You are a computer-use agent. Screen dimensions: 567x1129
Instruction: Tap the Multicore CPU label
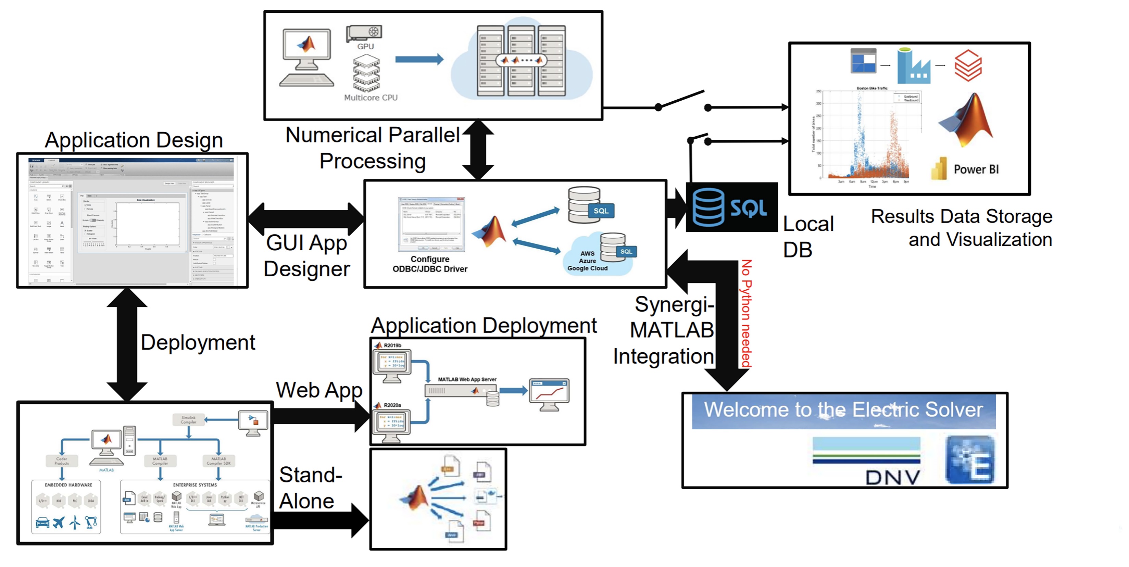click(x=371, y=98)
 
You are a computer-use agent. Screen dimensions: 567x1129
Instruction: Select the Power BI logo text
click(x=976, y=169)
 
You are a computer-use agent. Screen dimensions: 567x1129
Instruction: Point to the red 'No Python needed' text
click(x=746, y=313)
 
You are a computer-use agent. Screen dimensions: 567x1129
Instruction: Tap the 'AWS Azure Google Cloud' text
click(x=587, y=261)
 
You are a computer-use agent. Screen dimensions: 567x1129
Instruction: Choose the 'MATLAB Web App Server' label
click(x=467, y=379)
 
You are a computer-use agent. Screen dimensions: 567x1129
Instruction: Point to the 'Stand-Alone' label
click(x=310, y=488)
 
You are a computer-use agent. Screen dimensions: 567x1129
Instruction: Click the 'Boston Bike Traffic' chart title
click(x=872, y=88)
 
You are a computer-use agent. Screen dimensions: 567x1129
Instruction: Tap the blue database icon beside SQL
click(x=708, y=207)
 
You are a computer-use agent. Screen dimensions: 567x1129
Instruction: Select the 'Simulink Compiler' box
click(x=188, y=420)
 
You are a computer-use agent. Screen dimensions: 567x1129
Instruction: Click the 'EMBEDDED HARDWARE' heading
click(x=68, y=485)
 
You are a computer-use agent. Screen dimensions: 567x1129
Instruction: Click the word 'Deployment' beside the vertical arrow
click(x=198, y=342)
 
